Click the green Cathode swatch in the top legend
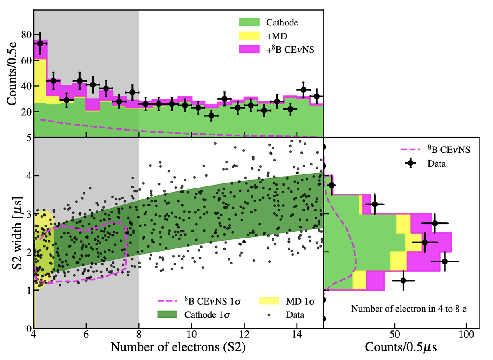click(249, 21)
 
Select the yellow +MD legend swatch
click(249, 35)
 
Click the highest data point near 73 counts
click(40, 43)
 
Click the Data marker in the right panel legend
click(411, 163)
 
